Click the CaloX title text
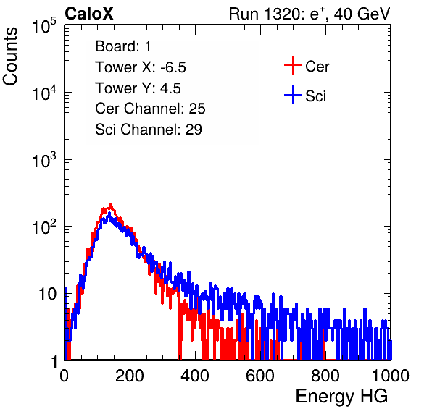point(89,14)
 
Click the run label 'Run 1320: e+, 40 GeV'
point(310,14)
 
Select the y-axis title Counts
point(10,56)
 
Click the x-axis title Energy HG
point(341,396)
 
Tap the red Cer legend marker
point(293,65)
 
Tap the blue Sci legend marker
point(293,96)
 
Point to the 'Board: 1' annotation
point(123,46)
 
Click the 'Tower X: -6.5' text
point(141,67)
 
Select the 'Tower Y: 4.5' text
point(138,88)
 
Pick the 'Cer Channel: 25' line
point(150,109)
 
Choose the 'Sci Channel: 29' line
point(149,130)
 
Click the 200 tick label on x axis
point(130,376)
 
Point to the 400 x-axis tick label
point(195,376)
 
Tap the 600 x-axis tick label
point(260,376)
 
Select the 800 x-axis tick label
point(325,376)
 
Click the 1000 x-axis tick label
point(391,376)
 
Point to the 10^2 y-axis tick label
point(44,227)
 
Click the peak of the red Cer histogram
point(111,205)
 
